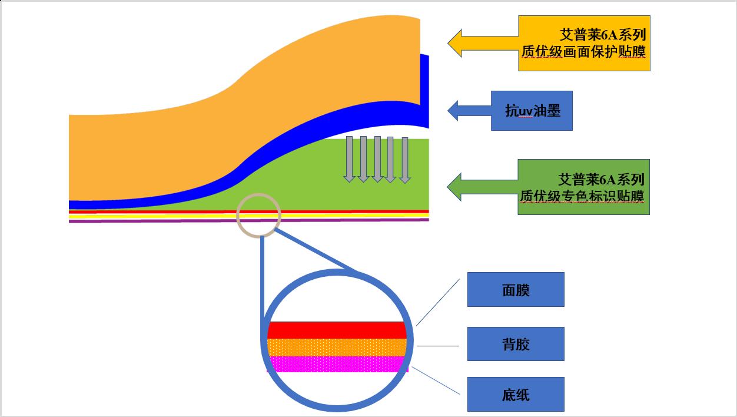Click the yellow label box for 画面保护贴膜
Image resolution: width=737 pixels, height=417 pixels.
(x=584, y=43)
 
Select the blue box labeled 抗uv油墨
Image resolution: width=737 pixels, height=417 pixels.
(x=532, y=111)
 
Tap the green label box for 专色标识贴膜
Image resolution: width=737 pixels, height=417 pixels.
(x=583, y=187)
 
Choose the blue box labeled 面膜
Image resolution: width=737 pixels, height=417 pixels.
(x=516, y=289)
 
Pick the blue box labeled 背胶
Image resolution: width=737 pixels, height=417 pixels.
(x=516, y=344)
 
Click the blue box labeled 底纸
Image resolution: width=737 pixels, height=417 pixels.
(x=516, y=394)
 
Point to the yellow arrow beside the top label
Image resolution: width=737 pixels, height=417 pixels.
(x=483, y=43)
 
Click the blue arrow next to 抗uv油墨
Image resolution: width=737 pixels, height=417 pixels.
(x=469, y=110)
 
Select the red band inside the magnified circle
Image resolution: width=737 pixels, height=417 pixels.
(x=337, y=330)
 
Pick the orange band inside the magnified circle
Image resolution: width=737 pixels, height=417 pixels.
(x=337, y=347)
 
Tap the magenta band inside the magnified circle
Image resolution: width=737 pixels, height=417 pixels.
(x=337, y=364)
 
